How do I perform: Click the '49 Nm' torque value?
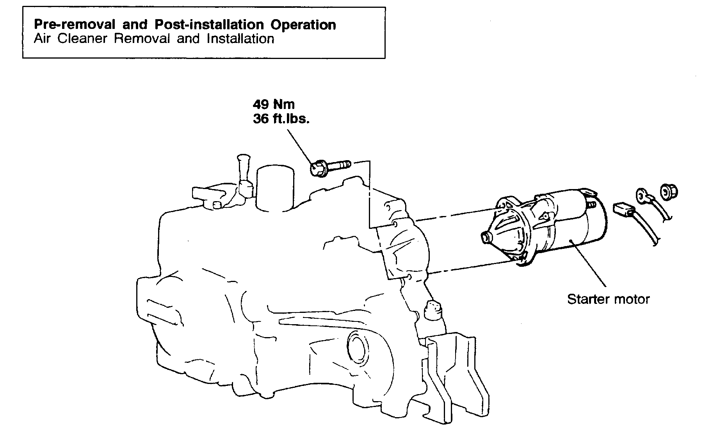pyautogui.click(x=274, y=104)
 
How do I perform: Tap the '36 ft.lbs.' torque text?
pyautogui.click(x=281, y=119)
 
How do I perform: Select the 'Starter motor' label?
pyautogui.click(x=608, y=300)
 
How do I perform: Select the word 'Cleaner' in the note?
pyautogui.click(x=82, y=39)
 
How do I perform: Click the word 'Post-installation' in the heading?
pyautogui.click(x=209, y=25)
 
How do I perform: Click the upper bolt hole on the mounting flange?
pyautogui.click(x=395, y=224)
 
